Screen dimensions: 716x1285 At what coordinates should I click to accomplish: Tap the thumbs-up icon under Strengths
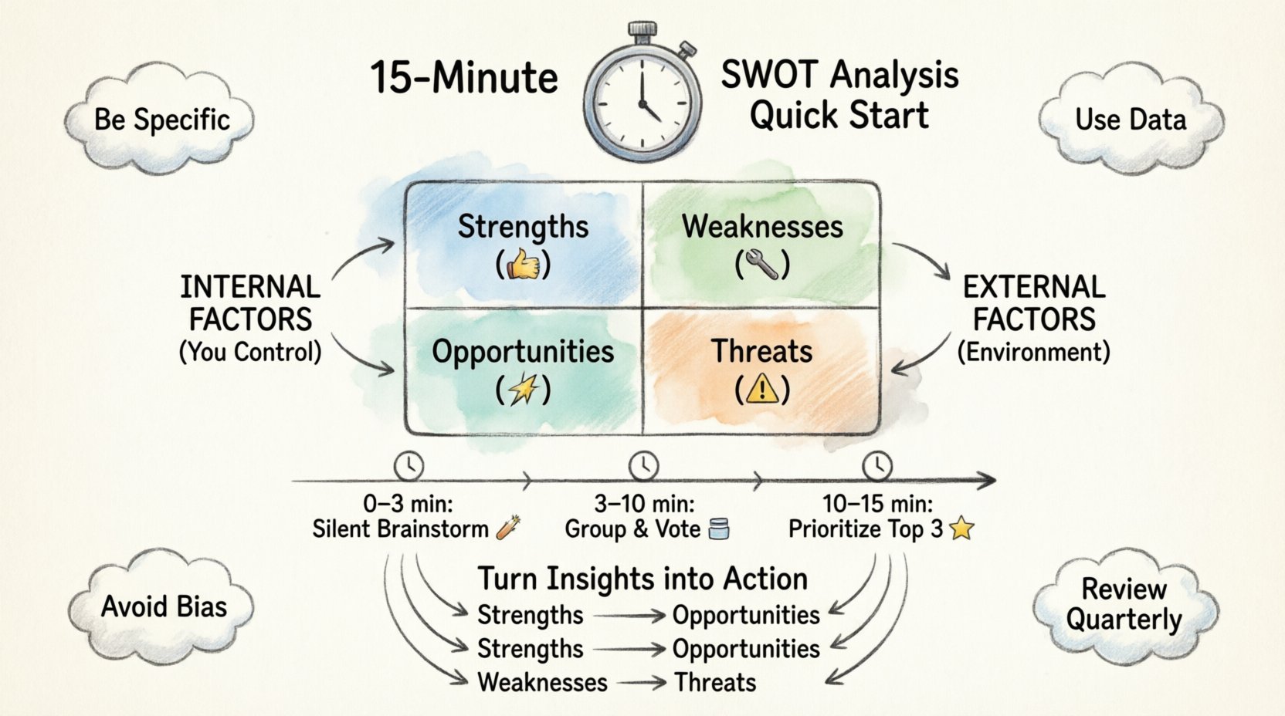pyautogui.click(x=524, y=265)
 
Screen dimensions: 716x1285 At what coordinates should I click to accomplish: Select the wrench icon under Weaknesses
pyautogui.click(x=762, y=265)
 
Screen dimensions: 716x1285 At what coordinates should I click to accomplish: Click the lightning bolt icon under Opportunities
pyautogui.click(x=524, y=390)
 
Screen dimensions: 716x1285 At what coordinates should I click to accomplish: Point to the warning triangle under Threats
pyautogui.click(x=762, y=390)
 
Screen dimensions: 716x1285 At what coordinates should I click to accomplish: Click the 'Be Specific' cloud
pyautogui.click(x=161, y=120)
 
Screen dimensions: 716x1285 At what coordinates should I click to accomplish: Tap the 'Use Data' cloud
pyautogui.click(x=1131, y=120)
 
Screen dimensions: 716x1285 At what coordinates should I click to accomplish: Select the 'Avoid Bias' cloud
pyautogui.click(x=164, y=606)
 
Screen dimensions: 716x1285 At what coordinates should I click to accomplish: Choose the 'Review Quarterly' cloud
pyautogui.click(x=1124, y=605)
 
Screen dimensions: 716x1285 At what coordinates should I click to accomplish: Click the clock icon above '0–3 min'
pyautogui.click(x=409, y=466)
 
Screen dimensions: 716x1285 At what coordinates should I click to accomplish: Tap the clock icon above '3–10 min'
pyautogui.click(x=643, y=466)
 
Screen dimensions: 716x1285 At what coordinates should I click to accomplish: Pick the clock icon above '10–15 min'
pyautogui.click(x=876, y=466)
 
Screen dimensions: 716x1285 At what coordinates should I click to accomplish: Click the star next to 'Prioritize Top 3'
pyautogui.click(x=961, y=529)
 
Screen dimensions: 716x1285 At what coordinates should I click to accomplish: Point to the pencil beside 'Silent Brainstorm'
pyautogui.click(x=508, y=528)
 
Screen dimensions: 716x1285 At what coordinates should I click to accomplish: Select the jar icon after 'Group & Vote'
pyautogui.click(x=718, y=529)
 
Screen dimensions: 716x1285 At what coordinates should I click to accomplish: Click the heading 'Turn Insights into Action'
pyautogui.click(x=642, y=579)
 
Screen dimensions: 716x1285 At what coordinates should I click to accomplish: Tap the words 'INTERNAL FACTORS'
pyautogui.click(x=250, y=303)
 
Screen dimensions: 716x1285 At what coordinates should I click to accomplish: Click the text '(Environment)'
pyautogui.click(x=1033, y=353)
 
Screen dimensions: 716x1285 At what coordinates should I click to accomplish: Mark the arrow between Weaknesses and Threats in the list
pyautogui.click(x=642, y=683)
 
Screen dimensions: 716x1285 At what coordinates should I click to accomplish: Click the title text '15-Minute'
pyautogui.click(x=464, y=78)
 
